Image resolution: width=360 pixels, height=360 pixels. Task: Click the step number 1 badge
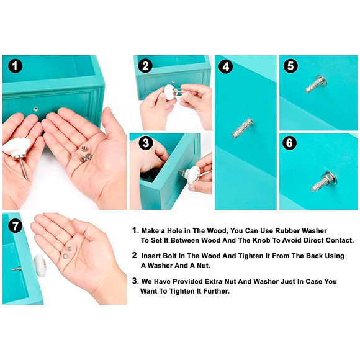point(15,66)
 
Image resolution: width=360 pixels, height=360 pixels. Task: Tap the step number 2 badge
point(145,66)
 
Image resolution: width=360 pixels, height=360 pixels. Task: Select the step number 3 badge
point(146,143)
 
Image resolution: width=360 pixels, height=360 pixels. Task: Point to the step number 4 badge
point(226,66)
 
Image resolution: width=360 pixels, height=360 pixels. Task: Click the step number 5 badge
point(290,66)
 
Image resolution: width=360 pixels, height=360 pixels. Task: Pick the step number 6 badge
point(289,143)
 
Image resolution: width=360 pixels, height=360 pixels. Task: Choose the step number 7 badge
point(15,226)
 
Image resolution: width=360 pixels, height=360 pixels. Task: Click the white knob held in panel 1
point(16,147)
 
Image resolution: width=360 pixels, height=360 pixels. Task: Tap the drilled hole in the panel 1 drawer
point(35,109)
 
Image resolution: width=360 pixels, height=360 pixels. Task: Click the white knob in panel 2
point(169,92)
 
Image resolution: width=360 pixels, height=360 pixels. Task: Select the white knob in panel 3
point(192,175)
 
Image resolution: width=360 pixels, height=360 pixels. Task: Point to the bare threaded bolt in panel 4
point(243,128)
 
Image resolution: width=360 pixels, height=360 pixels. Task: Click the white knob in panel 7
point(39,266)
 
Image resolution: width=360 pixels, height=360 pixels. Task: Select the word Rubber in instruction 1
point(287,230)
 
